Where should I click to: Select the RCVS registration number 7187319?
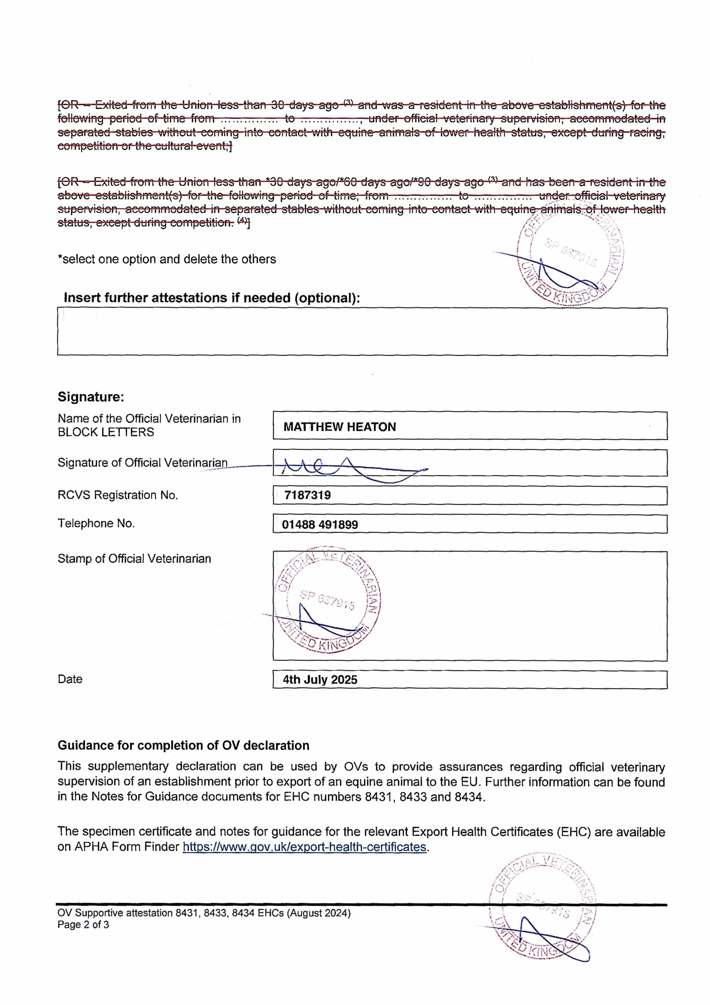click(307, 495)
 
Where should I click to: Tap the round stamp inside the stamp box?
click(328, 600)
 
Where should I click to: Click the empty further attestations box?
click(362, 331)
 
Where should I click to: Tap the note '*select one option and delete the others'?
click(167, 259)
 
